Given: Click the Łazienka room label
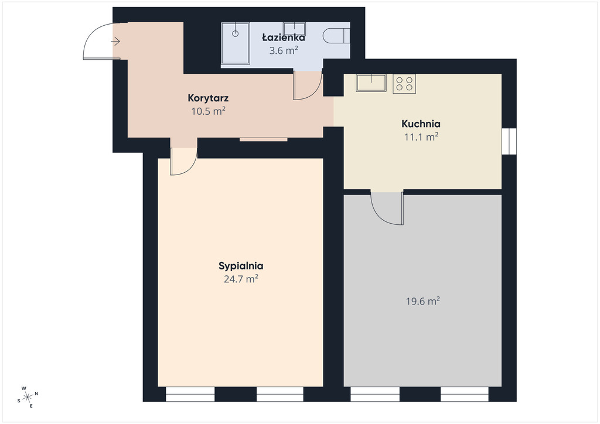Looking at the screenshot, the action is (x=284, y=37).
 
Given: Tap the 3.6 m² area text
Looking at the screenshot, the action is (x=284, y=50).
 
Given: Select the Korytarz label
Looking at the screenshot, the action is (x=208, y=98).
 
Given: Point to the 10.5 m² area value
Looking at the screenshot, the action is (x=208, y=111).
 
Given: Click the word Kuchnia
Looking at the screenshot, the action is (x=421, y=124).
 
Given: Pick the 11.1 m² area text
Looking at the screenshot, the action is (x=421, y=137).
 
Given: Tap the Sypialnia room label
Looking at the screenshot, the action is (x=241, y=266).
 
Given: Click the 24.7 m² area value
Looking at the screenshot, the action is (x=241, y=279).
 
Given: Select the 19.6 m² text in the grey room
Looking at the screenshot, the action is (x=423, y=301).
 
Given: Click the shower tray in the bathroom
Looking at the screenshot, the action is (x=236, y=43).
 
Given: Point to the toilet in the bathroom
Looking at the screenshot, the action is (x=336, y=36).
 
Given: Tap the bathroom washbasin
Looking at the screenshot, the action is (x=294, y=29).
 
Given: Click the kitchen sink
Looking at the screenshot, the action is (x=371, y=83).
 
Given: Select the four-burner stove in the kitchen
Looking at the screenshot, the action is (x=404, y=84).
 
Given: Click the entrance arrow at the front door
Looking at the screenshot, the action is (x=116, y=41).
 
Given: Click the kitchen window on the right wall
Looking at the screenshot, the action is (x=509, y=141).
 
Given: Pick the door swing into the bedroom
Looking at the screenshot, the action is (x=183, y=162).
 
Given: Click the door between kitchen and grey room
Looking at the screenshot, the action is (x=387, y=208).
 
